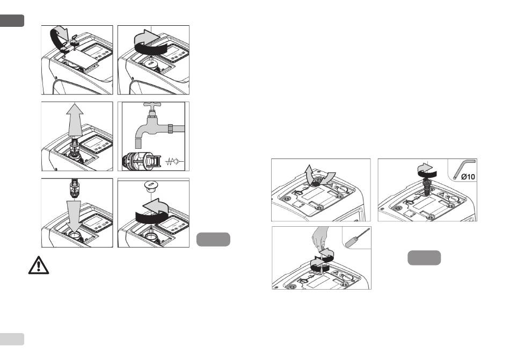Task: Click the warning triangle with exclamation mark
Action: point(38,265)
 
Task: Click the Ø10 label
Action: point(468,177)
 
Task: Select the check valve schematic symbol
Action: point(174,161)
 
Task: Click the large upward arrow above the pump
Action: point(75,119)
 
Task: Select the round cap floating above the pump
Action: point(151,187)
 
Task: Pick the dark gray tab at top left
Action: point(12,20)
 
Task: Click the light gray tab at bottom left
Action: point(12,339)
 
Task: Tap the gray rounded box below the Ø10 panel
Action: point(424,258)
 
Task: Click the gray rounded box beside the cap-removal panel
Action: point(213,240)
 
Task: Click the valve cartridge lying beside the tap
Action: point(142,161)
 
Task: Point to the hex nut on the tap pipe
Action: point(170,128)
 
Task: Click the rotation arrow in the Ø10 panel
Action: point(425,170)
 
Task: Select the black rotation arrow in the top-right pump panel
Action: point(150,48)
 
